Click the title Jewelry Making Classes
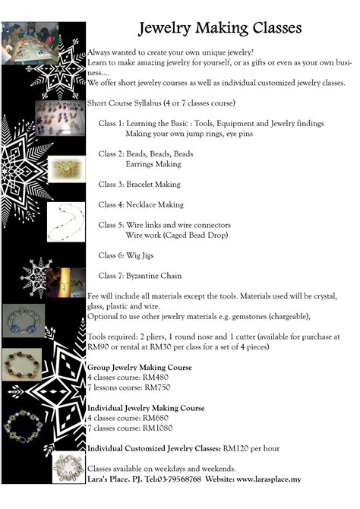219,28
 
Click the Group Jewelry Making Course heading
140,367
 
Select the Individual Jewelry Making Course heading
146,408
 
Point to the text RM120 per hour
252,448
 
